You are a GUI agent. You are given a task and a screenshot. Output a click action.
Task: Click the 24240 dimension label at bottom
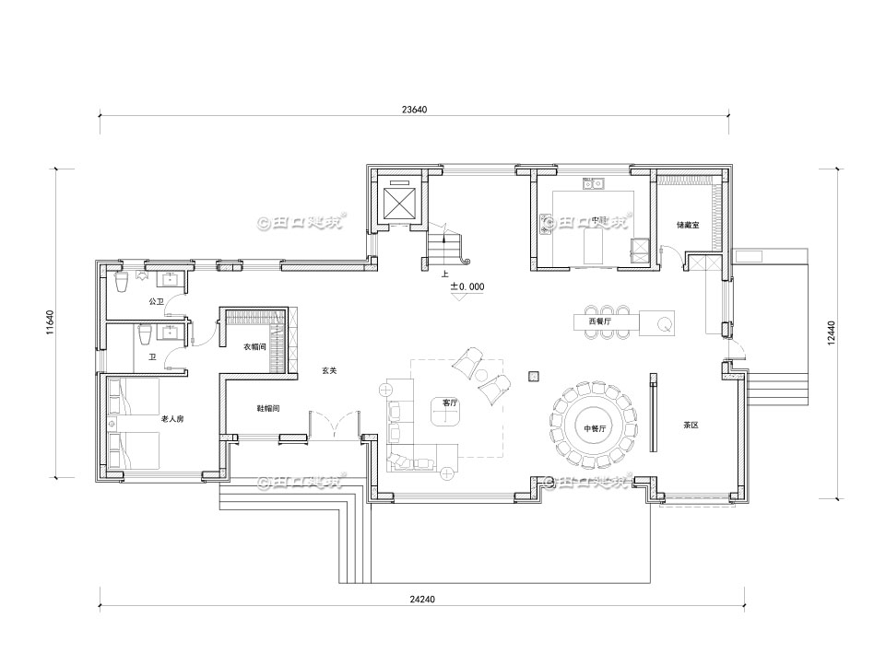click(421, 599)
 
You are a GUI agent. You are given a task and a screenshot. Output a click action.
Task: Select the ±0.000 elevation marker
click(467, 287)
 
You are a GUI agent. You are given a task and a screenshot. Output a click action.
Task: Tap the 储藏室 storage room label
click(691, 224)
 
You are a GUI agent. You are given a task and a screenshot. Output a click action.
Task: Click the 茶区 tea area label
click(691, 426)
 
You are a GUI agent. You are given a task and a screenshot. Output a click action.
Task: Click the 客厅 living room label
click(450, 402)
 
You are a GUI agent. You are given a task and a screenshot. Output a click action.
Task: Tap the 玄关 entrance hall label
click(329, 370)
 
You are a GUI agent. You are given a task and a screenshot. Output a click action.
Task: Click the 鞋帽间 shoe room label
click(267, 408)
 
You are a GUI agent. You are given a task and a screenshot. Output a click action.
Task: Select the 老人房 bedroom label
click(172, 419)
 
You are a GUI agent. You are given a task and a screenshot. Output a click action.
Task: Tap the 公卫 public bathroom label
click(155, 301)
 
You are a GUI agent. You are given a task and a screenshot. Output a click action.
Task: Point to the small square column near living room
click(534, 375)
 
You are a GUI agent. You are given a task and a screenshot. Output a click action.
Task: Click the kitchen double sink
click(594, 183)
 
